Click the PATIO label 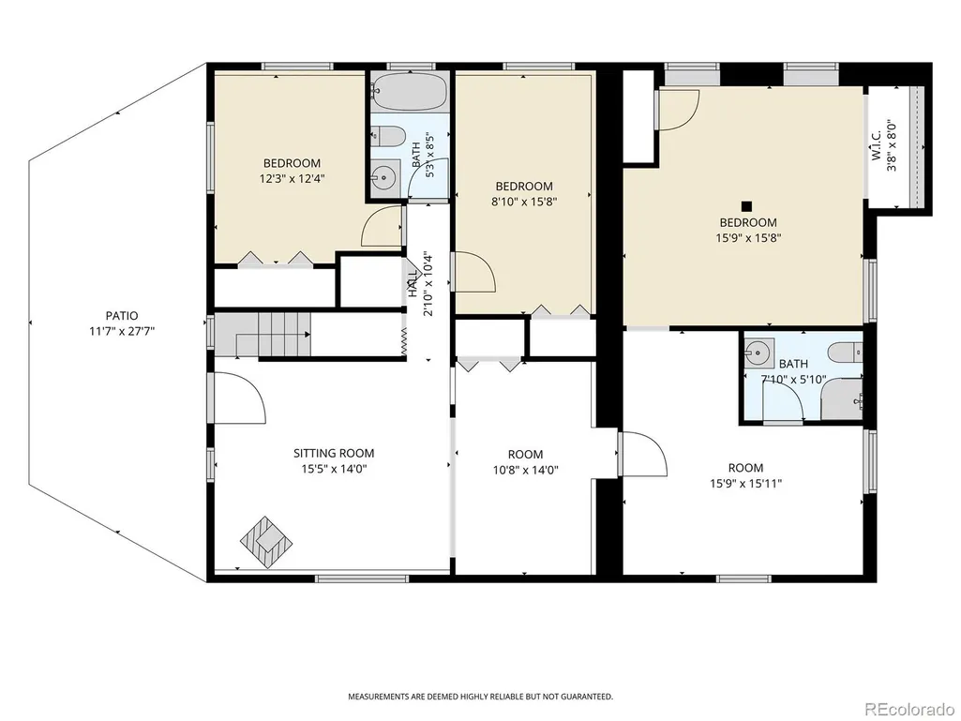122,316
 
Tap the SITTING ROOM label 334,454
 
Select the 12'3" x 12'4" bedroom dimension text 292,179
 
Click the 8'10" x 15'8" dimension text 524,202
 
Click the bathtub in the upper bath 410,92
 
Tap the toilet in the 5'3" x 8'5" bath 388,136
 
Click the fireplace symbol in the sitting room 266,541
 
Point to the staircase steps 284,334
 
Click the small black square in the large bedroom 746,206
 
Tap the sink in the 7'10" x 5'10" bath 759,353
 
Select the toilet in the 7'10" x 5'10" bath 845,353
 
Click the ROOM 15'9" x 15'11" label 746,475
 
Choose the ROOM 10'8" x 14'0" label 525,462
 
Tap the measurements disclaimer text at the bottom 480,697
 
